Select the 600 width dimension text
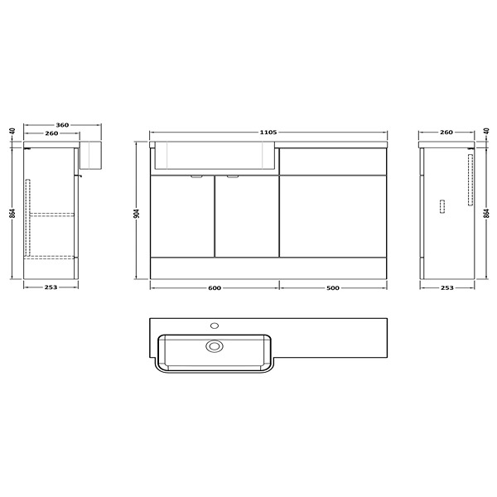[214, 288]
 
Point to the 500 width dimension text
[332, 288]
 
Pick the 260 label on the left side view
[51, 133]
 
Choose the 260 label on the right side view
[446, 133]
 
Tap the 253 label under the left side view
[51, 288]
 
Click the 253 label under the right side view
[446, 288]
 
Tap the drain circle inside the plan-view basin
[215, 346]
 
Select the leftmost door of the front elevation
[181, 216]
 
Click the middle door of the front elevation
[247, 216]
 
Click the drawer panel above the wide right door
[332, 161]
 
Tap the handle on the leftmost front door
[197, 176]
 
